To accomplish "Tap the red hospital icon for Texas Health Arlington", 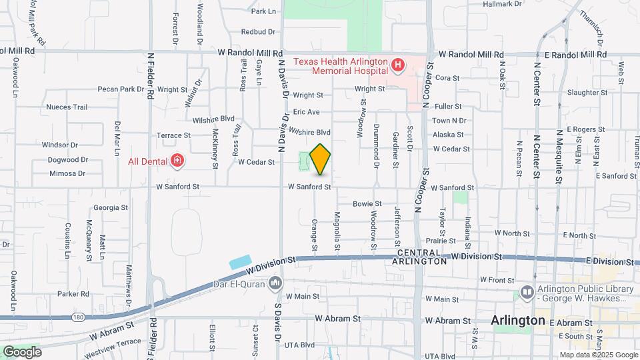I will click(398, 65).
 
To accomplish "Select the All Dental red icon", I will click(177, 160).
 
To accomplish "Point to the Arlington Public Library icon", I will click(527, 292).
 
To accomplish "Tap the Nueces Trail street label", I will click(67, 107).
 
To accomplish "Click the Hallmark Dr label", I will click(502, 4).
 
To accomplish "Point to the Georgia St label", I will click(110, 207).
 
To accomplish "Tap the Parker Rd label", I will click(73, 293).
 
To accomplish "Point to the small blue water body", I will click(240, 261).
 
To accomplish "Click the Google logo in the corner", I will click(22, 351).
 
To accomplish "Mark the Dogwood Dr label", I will click(68, 160).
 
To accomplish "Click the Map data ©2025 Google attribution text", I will click(597, 355).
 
